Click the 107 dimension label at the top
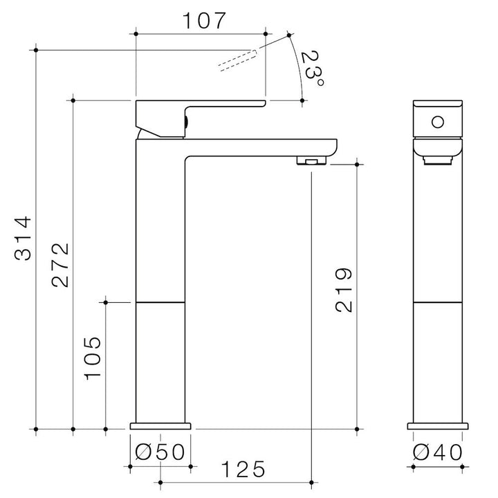coord(203,21)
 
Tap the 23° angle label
coord(312,68)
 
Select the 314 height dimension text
coord(24,238)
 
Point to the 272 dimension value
coord(60,265)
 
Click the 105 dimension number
coord(93,358)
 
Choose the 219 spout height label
coord(344,290)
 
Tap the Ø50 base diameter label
coord(160,452)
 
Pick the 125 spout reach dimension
coord(243,470)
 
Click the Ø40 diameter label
coord(438,452)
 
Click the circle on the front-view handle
coord(438,122)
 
